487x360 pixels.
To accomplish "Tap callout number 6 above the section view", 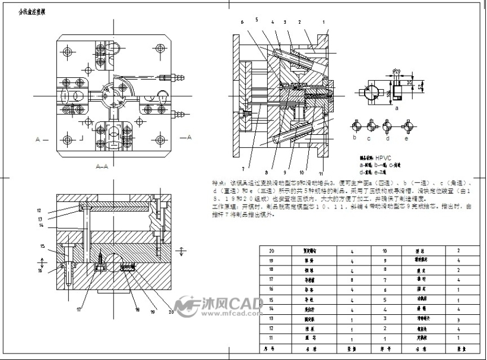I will pos(242,22).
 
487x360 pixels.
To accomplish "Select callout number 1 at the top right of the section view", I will pos(324,22).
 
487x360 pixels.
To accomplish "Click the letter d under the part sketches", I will pos(387,138).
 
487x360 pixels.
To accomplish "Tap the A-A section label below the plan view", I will pos(102,167).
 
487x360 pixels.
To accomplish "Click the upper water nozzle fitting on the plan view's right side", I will pos(178,77).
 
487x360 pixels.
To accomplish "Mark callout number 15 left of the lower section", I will pos(42,246).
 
